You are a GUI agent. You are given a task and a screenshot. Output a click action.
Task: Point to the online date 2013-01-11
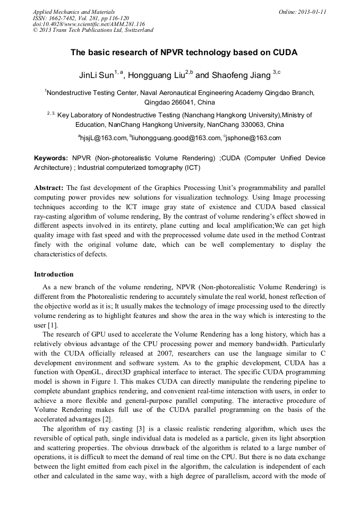pos(310,11)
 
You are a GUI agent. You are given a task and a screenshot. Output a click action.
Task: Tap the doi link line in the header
pos(81,24)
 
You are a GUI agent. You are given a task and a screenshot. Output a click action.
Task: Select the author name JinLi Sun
pos(96,75)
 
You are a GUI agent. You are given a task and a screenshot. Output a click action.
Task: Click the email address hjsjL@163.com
pos(104,138)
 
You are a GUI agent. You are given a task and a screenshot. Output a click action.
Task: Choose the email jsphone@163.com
pos(254,138)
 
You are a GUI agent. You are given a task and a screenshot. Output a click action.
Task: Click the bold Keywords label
pos(51,158)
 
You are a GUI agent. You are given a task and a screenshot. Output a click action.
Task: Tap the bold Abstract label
pos(49,188)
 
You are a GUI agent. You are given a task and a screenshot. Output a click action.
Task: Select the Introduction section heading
pos(54,274)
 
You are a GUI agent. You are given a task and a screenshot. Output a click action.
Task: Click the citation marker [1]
pos(53,325)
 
